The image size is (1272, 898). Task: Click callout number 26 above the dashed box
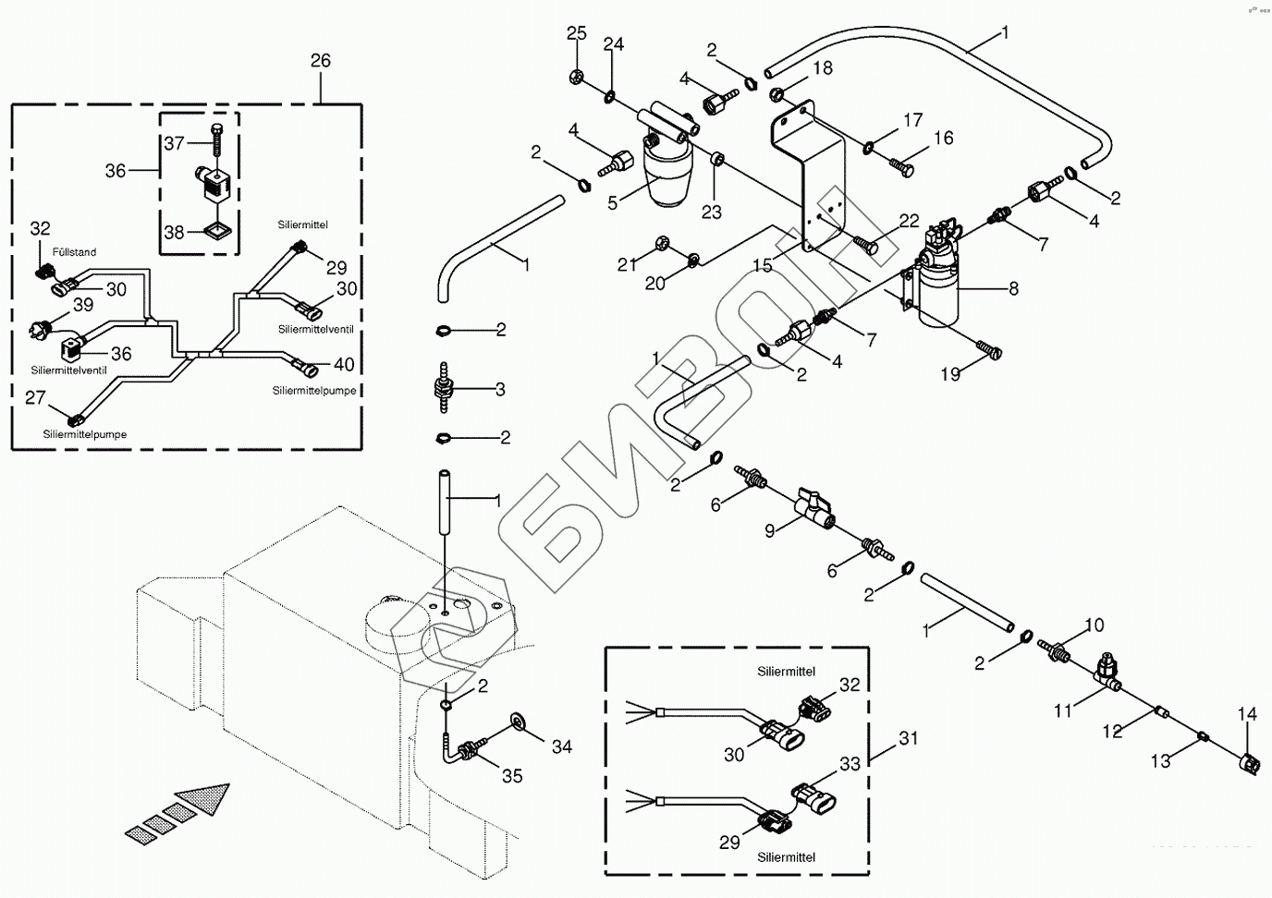[x=321, y=61]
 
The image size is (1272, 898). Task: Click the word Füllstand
[x=74, y=252]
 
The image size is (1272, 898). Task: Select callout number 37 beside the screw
[x=175, y=143]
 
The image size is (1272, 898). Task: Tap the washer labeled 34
[x=518, y=722]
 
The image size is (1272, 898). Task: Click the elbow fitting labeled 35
[x=461, y=747]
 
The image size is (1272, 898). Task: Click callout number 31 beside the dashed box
[x=909, y=738]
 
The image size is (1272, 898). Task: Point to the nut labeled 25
[x=576, y=76]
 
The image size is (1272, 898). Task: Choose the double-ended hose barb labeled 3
[x=444, y=389]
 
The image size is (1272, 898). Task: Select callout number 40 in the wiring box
[x=344, y=364]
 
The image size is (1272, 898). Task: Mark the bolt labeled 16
[x=901, y=166]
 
